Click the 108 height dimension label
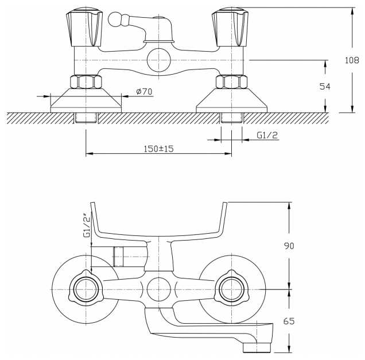[352, 60]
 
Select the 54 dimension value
[325, 87]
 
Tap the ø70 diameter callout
[144, 91]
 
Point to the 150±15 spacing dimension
[159, 149]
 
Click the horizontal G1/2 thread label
[267, 135]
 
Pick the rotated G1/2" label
[87, 225]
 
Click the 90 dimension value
[289, 246]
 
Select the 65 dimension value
[289, 322]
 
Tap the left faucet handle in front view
[84, 27]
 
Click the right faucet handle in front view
[230, 27]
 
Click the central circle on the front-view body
[159, 60]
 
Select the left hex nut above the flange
[86, 82]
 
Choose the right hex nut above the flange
[231, 82]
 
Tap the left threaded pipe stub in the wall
[86, 118]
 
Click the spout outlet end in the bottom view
[257, 348]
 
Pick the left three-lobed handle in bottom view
[86, 289]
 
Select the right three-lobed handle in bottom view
[232, 289]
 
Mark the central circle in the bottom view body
[159, 289]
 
